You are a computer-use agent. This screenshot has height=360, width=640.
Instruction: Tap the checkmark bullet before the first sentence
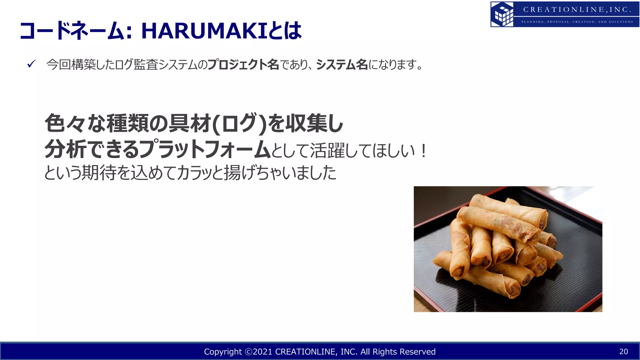pyautogui.click(x=31, y=64)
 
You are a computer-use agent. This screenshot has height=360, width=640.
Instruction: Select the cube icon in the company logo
pyautogui.click(x=502, y=14)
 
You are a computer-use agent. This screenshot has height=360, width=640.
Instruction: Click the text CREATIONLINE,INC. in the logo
pyautogui.click(x=577, y=10)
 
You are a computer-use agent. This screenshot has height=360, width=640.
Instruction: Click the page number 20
pyautogui.click(x=623, y=352)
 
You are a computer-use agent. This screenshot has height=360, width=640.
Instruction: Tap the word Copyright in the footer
pyautogui.click(x=223, y=352)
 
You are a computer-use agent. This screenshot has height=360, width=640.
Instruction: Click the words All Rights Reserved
pyautogui.click(x=398, y=352)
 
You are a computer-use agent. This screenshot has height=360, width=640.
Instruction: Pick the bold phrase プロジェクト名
pyautogui.click(x=243, y=65)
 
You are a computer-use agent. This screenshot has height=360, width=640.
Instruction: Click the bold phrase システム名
pyautogui.click(x=342, y=65)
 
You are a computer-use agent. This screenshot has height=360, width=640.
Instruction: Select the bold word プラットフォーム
pyautogui.click(x=205, y=149)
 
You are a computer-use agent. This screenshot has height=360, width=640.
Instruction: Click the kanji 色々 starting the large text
pyautogui.click(x=65, y=123)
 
